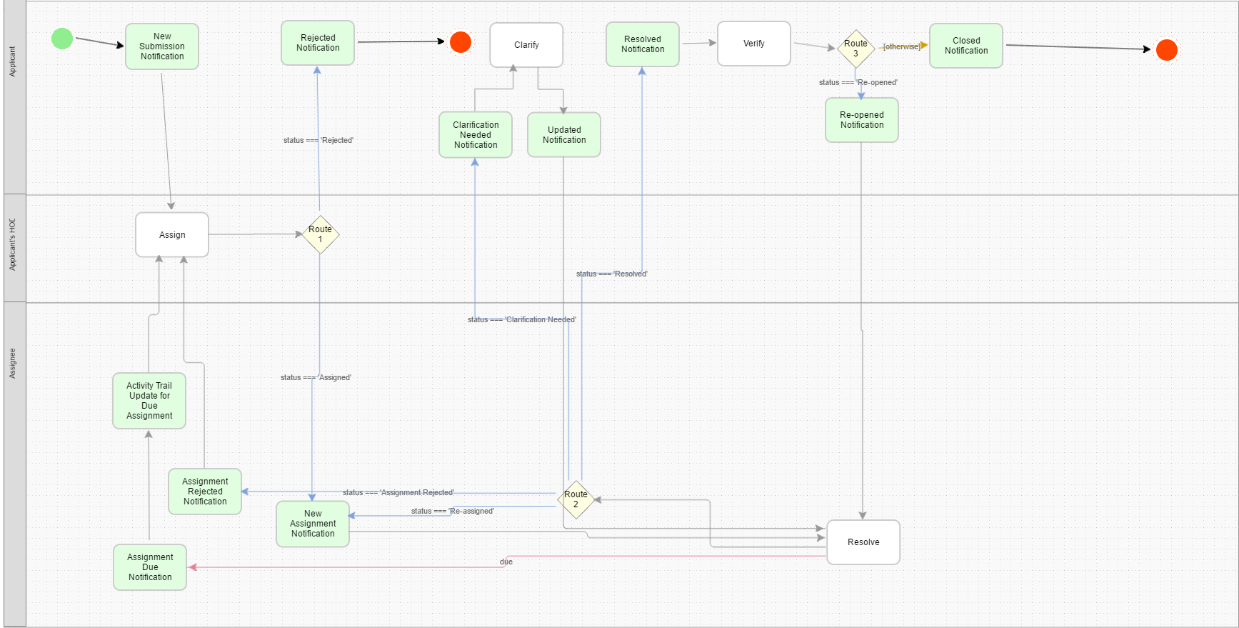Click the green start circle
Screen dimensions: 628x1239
(x=62, y=39)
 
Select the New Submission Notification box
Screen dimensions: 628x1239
(x=162, y=46)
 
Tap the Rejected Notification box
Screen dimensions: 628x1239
(x=318, y=43)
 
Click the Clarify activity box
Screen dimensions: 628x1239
(x=526, y=45)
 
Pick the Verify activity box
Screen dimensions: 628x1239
(x=754, y=44)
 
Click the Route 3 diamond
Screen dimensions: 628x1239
(x=856, y=49)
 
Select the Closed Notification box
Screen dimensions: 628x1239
(x=966, y=46)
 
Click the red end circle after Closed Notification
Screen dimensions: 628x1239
(x=1166, y=50)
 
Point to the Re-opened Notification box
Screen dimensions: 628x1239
(x=862, y=120)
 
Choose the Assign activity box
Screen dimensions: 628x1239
(x=172, y=235)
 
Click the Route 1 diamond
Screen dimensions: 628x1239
(x=320, y=234)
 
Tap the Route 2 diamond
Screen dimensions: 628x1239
(x=576, y=499)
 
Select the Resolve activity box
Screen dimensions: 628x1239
(x=863, y=542)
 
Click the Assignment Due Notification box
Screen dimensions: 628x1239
(x=150, y=567)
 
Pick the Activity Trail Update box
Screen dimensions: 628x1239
(x=149, y=401)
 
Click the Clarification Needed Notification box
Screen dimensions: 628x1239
(x=476, y=135)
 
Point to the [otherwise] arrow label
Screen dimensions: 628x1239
(x=901, y=46)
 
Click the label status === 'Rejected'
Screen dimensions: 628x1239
(x=318, y=141)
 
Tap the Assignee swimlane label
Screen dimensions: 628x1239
(x=12, y=363)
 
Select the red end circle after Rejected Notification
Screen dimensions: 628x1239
(x=461, y=42)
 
